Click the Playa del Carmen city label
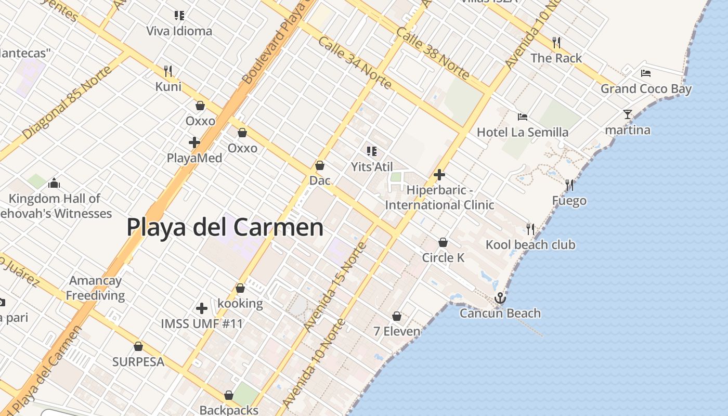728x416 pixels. point(225,228)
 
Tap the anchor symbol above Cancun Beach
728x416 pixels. point(500,298)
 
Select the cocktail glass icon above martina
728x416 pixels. point(628,114)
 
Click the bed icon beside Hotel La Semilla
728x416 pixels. point(523,117)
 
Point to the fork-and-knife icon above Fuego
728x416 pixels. point(569,185)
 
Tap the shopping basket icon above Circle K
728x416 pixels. point(443,242)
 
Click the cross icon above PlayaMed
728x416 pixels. point(194,142)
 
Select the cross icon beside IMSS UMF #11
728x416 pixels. point(202,308)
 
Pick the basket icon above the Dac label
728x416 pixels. point(320,165)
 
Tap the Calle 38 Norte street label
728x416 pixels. point(433,53)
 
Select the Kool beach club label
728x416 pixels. point(530,244)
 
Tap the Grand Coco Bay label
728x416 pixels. point(646,89)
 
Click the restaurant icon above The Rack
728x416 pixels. point(556,42)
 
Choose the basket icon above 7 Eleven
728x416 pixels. point(397,316)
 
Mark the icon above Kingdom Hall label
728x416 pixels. point(54,183)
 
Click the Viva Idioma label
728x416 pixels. point(179,31)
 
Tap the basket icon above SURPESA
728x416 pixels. point(138,346)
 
